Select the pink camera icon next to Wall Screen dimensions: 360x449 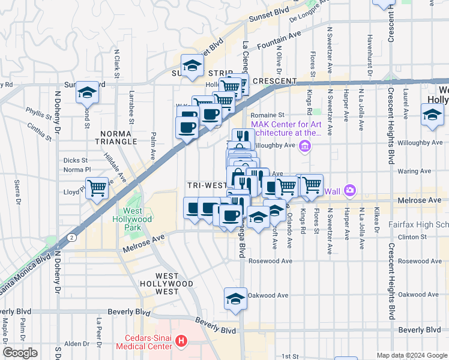350,191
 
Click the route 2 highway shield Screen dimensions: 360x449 73,238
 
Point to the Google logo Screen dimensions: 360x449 20,353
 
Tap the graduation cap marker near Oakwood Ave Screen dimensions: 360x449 235,299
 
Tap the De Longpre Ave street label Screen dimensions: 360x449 310,11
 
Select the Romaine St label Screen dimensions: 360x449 267,115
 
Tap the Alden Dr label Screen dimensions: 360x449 77,343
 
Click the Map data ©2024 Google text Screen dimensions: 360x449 411,355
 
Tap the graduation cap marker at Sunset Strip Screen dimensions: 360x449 192,66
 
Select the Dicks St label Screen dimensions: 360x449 76,160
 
